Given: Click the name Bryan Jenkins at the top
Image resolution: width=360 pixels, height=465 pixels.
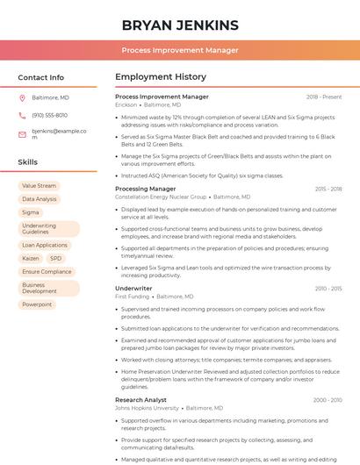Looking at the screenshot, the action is (x=180, y=25).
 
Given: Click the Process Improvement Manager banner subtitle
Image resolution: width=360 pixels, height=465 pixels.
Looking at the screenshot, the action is (x=180, y=51).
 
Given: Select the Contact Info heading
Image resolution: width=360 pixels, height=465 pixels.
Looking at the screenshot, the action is (x=40, y=77).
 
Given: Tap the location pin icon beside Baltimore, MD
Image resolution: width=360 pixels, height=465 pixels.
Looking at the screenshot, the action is (x=22, y=97).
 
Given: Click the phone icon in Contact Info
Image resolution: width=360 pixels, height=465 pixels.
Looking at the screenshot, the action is (x=22, y=115).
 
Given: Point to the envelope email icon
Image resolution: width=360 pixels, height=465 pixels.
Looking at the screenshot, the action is (x=22, y=133).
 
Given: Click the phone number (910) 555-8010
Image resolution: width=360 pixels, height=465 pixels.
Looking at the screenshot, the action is (x=49, y=115).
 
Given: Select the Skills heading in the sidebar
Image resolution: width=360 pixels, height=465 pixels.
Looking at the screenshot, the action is (x=28, y=162).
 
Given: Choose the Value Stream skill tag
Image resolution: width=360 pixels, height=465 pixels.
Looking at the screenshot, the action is (x=39, y=186).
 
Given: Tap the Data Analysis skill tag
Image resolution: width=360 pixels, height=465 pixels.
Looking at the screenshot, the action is (x=40, y=199).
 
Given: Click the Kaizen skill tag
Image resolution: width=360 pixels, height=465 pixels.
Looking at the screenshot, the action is (x=31, y=259).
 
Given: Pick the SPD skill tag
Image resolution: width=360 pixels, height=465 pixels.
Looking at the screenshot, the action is (x=55, y=259).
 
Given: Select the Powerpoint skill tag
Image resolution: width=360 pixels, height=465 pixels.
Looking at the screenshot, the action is (x=37, y=304).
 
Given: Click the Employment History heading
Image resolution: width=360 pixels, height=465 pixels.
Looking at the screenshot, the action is (x=161, y=77).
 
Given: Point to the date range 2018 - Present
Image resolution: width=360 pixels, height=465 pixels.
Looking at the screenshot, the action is (x=324, y=97).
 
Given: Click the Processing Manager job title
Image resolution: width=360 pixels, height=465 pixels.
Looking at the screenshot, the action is (x=146, y=189).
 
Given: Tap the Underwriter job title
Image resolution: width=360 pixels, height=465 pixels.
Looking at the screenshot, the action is (x=133, y=288).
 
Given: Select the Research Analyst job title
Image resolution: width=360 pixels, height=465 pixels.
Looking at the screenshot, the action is (x=140, y=400).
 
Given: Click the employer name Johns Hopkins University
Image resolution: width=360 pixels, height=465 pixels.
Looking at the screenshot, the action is (x=147, y=408).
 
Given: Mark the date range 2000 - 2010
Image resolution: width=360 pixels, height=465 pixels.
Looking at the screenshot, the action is (x=327, y=400).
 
